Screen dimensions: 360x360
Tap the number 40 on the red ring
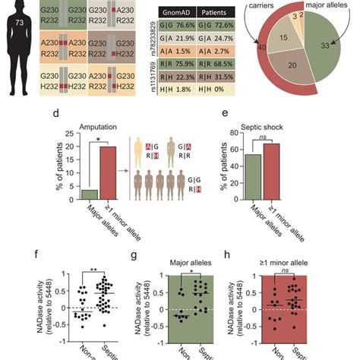(x=262, y=70)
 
